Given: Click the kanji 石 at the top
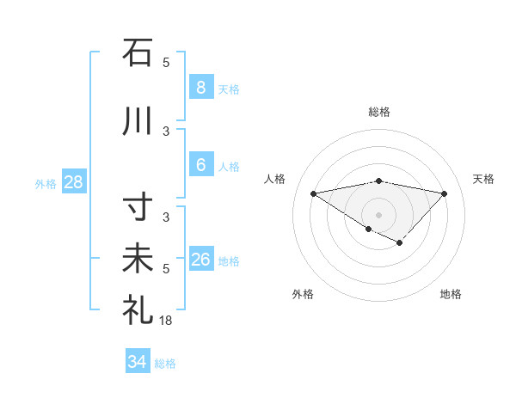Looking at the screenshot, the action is [x=138, y=53].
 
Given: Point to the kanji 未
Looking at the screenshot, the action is [x=138, y=260].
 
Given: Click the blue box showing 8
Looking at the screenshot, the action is [x=200, y=87].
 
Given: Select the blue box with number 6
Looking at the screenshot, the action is [x=200, y=165].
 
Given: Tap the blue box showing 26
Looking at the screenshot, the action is [x=200, y=260].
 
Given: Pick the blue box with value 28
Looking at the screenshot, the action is [x=73, y=182].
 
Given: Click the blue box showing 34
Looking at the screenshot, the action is [x=137, y=362].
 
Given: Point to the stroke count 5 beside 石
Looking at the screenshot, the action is [x=166, y=62].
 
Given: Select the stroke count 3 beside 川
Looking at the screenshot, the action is [x=166, y=131].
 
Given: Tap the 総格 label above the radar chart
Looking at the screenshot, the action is [x=378, y=112].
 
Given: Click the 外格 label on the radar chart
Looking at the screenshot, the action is [x=303, y=294].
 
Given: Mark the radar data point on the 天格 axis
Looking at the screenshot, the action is [x=444, y=193].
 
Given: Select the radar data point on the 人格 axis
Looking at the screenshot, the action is [x=313, y=193].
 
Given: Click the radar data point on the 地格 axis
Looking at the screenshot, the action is [x=400, y=243].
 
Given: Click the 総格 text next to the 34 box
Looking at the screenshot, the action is [x=165, y=364].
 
